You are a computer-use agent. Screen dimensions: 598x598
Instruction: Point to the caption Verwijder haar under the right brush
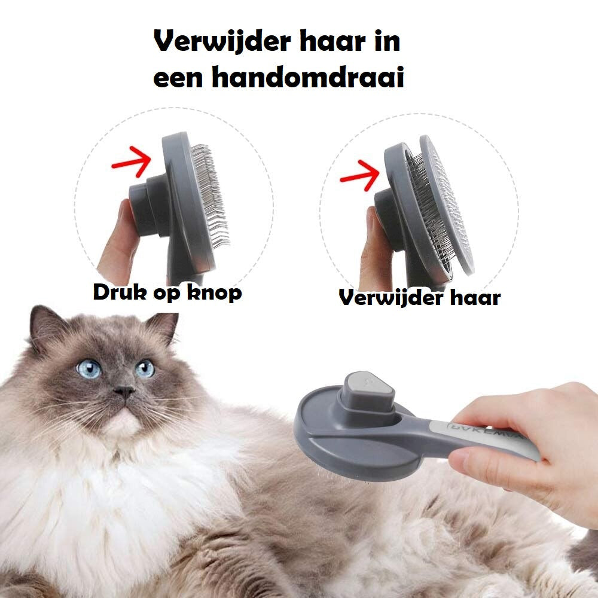pyautogui.click(x=419, y=297)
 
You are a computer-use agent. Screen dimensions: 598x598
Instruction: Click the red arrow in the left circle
pyautogui.click(x=131, y=160)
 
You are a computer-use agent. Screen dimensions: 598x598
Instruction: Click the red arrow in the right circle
pyautogui.click(x=359, y=173)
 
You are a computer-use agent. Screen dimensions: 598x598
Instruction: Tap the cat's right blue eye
pyautogui.click(x=145, y=368)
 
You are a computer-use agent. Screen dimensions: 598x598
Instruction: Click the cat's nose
pyautogui.click(x=124, y=392)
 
